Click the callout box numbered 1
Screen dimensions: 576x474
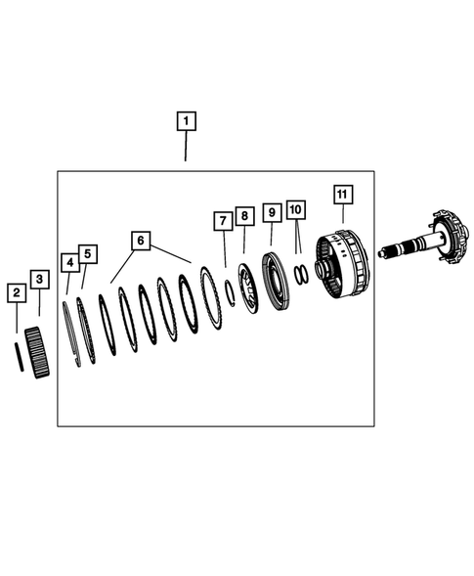coord(186,122)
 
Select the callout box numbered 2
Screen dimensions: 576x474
coord(16,292)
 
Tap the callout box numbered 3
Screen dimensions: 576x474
coord(38,280)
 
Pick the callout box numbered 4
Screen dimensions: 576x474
coord(69,262)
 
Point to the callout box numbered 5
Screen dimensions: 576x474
coord(87,254)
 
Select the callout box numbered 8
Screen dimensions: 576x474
coord(244,215)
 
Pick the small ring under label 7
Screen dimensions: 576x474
coord(228,292)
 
